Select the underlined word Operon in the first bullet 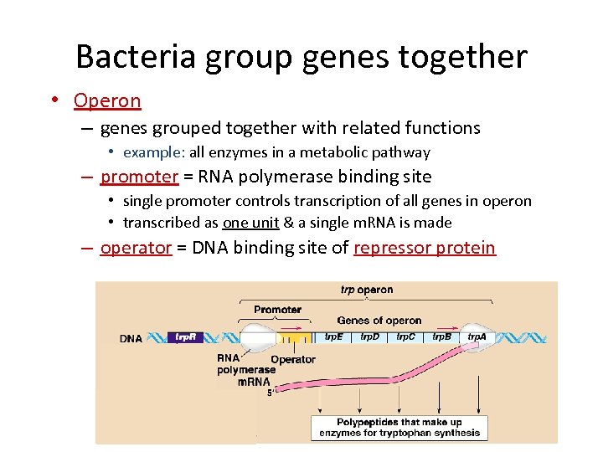pyautogui.click(x=107, y=101)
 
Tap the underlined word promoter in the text pyautogui.click(x=139, y=177)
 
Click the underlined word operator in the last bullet pyautogui.click(x=136, y=249)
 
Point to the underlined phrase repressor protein pyautogui.click(x=425, y=249)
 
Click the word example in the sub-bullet pyautogui.click(x=153, y=152)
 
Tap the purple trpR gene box pyautogui.click(x=185, y=337)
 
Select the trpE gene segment pyautogui.click(x=334, y=336)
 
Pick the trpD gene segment pyautogui.click(x=370, y=336)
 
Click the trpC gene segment pyautogui.click(x=406, y=336)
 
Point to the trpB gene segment pyautogui.click(x=441, y=336)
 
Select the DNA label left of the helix pyautogui.click(x=131, y=338)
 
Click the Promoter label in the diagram pyautogui.click(x=277, y=309)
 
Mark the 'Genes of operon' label pyautogui.click(x=379, y=320)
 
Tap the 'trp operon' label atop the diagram pyautogui.click(x=366, y=290)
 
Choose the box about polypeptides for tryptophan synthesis pyautogui.click(x=399, y=427)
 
